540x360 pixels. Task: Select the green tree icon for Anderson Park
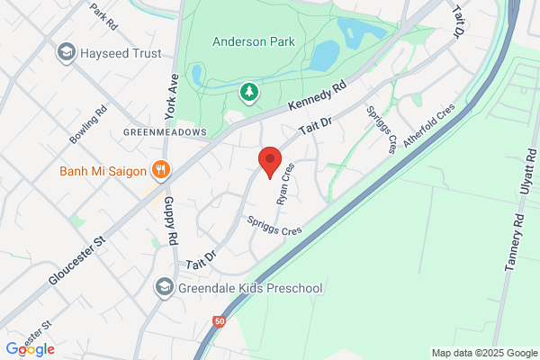(248, 92)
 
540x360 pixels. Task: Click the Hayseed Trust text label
(121, 53)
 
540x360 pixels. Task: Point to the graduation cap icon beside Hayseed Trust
(66, 53)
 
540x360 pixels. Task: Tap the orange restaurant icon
(161, 169)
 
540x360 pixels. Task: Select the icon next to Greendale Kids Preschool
(164, 288)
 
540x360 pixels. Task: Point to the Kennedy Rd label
(317, 98)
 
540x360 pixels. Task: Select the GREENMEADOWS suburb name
(165, 131)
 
